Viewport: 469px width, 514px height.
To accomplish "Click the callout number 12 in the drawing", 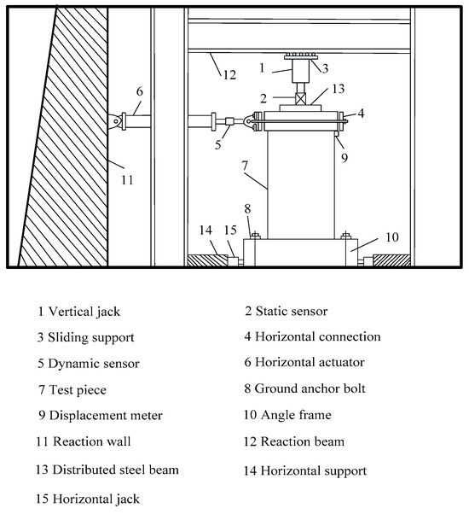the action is click(229, 75).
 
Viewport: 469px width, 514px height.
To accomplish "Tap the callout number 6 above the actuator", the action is click(140, 91).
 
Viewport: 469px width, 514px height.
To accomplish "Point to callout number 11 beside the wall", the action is click(127, 180).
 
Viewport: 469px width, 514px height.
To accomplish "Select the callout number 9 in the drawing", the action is click(345, 158).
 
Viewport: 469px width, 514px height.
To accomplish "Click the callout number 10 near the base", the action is click(392, 237).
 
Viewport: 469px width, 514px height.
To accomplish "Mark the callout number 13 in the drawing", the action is click(339, 89).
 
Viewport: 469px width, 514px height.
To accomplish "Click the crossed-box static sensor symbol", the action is click(301, 99).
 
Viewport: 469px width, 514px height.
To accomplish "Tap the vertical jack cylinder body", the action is click(300, 71).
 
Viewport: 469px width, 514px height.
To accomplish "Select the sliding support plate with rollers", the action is click(300, 56).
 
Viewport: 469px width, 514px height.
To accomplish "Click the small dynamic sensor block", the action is click(229, 121).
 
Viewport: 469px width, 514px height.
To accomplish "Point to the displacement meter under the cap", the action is click(336, 134).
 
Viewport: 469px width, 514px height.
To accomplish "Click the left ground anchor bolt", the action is click(255, 235).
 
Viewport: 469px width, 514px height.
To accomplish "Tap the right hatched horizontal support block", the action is click(391, 260).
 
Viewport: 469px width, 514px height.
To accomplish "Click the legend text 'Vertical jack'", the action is click(84, 312).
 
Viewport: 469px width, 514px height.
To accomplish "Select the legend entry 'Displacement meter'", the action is click(106, 416).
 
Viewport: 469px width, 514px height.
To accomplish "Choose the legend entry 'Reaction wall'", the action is click(92, 441).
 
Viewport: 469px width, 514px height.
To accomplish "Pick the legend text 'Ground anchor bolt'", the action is click(310, 388).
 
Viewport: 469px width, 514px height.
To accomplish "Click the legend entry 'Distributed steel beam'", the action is click(115, 470).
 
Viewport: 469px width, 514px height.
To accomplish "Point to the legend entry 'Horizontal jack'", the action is click(96, 499).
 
